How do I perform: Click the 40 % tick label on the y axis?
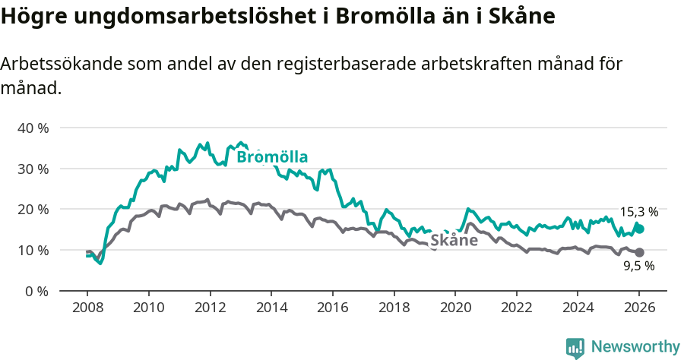click(x=33, y=128)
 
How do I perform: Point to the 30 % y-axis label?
click(x=33, y=169)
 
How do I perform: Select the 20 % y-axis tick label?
click(x=33, y=209)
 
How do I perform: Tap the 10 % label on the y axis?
click(x=33, y=250)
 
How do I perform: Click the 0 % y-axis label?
click(x=36, y=291)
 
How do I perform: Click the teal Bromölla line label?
click(x=272, y=157)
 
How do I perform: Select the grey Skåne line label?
click(x=454, y=241)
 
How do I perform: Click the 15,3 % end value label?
click(x=638, y=212)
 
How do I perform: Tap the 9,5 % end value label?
click(x=638, y=266)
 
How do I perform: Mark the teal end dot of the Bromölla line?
click(x=640, y=229)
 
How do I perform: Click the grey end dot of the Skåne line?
click(x=640, y=252)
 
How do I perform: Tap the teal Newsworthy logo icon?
click(x=575, y=348)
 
